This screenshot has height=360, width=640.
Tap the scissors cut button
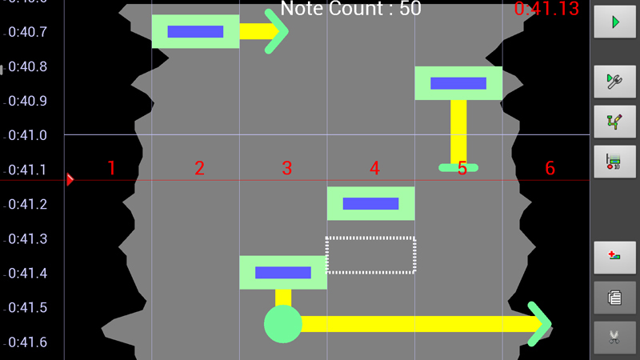614,338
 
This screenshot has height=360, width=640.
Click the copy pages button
614,298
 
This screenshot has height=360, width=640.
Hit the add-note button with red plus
614,258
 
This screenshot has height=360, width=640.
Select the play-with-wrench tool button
614,82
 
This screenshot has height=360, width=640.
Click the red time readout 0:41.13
546,10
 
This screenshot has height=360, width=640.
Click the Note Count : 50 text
350,10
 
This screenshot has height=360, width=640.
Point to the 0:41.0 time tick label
26,136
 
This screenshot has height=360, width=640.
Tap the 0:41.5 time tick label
26,308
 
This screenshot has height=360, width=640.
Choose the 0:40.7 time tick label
26,32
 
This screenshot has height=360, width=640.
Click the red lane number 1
111,168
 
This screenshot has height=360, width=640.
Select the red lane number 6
550,168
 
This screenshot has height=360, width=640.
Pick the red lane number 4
374,168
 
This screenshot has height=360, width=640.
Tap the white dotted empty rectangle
370,255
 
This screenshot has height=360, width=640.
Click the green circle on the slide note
283,324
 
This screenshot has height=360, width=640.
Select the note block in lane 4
370,203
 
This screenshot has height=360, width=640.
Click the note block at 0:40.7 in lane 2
195,32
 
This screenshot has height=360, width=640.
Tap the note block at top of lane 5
458,83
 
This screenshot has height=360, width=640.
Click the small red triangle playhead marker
70,179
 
